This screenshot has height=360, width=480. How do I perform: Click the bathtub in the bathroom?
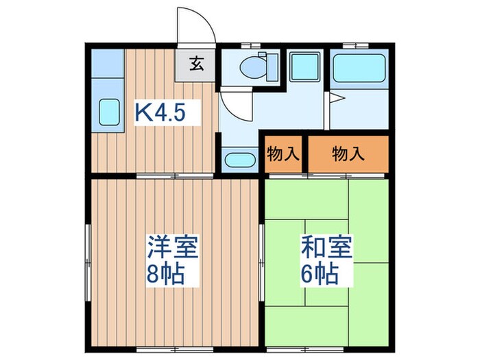359,67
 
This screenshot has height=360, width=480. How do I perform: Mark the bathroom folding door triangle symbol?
334,99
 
